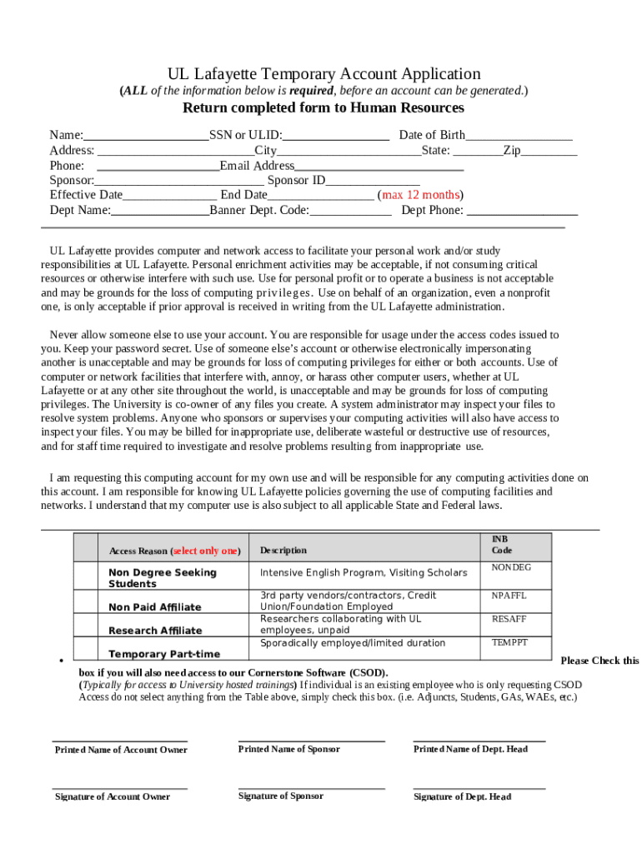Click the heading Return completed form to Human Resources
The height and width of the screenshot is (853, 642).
tap(324, 108)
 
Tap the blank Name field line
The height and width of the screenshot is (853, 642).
tap(146, 136)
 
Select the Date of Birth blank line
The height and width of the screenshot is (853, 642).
tap(519, 136)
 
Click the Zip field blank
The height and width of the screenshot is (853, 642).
tap(549, 152)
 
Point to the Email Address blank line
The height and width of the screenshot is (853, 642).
tap(379, 167)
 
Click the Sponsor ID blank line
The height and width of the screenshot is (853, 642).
tap(373, 182)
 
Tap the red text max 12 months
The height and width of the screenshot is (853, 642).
tap(421, 196)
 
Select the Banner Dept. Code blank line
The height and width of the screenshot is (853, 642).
tap(350, 211)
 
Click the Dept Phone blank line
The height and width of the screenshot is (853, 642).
tap(523, 211)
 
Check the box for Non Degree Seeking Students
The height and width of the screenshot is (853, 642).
tap(86, 576)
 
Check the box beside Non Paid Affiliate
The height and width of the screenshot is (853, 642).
tap(86, 602)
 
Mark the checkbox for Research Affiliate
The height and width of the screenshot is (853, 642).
tap(86, 626)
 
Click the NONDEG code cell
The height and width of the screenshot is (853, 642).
tap(511, 568)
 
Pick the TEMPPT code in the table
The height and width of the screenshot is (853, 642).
tap(509, 643)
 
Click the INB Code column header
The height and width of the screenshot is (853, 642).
tap(502, 546)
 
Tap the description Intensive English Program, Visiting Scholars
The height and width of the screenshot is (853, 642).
tap(364, 573)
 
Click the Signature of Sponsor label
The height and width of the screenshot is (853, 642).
tap(280, 796)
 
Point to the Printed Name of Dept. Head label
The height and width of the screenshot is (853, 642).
tap(470, 750)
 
